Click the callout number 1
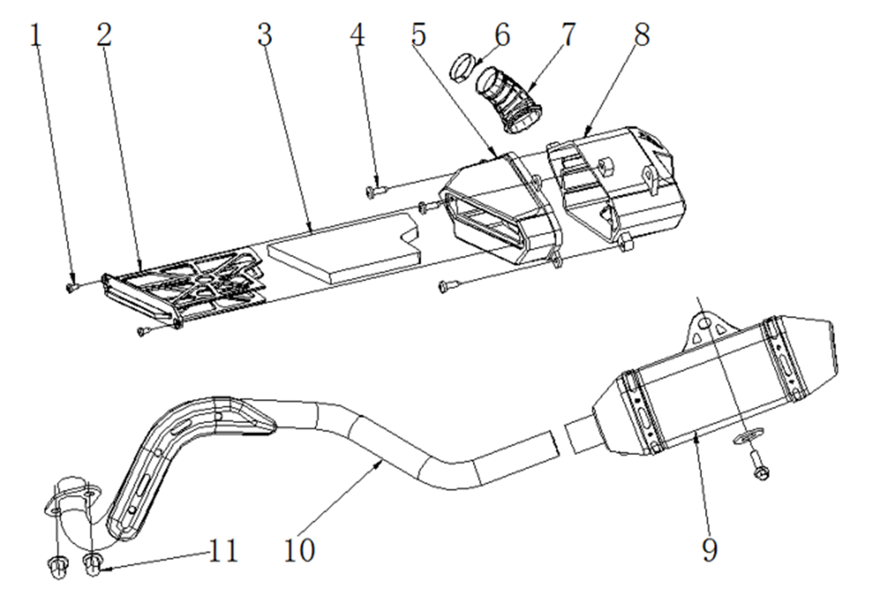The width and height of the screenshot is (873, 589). [x=36, y=36]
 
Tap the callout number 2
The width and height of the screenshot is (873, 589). [x=104, y=35]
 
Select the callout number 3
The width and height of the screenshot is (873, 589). [x=265, y=35]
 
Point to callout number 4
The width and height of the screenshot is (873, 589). [x=357, y=35]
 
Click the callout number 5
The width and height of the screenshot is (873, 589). [x=419, y=35]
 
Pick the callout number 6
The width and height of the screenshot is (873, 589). [x=503, y=35]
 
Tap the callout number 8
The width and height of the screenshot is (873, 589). [x=642, y=35]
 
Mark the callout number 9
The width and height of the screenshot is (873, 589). [x=710, y=550]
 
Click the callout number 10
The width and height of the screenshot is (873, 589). [x=300, y=550]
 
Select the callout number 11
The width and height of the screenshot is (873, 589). [x=223, y=550]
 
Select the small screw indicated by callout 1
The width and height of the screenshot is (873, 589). [x=71, y=288]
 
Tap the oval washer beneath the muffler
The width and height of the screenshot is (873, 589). [x=749, y=436]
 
